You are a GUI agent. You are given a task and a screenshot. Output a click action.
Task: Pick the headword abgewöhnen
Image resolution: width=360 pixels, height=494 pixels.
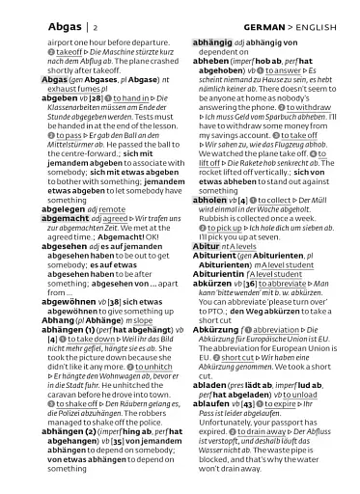tap(74, 300)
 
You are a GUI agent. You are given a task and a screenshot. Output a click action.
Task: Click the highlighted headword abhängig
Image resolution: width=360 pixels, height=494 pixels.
tap(215, 43)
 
